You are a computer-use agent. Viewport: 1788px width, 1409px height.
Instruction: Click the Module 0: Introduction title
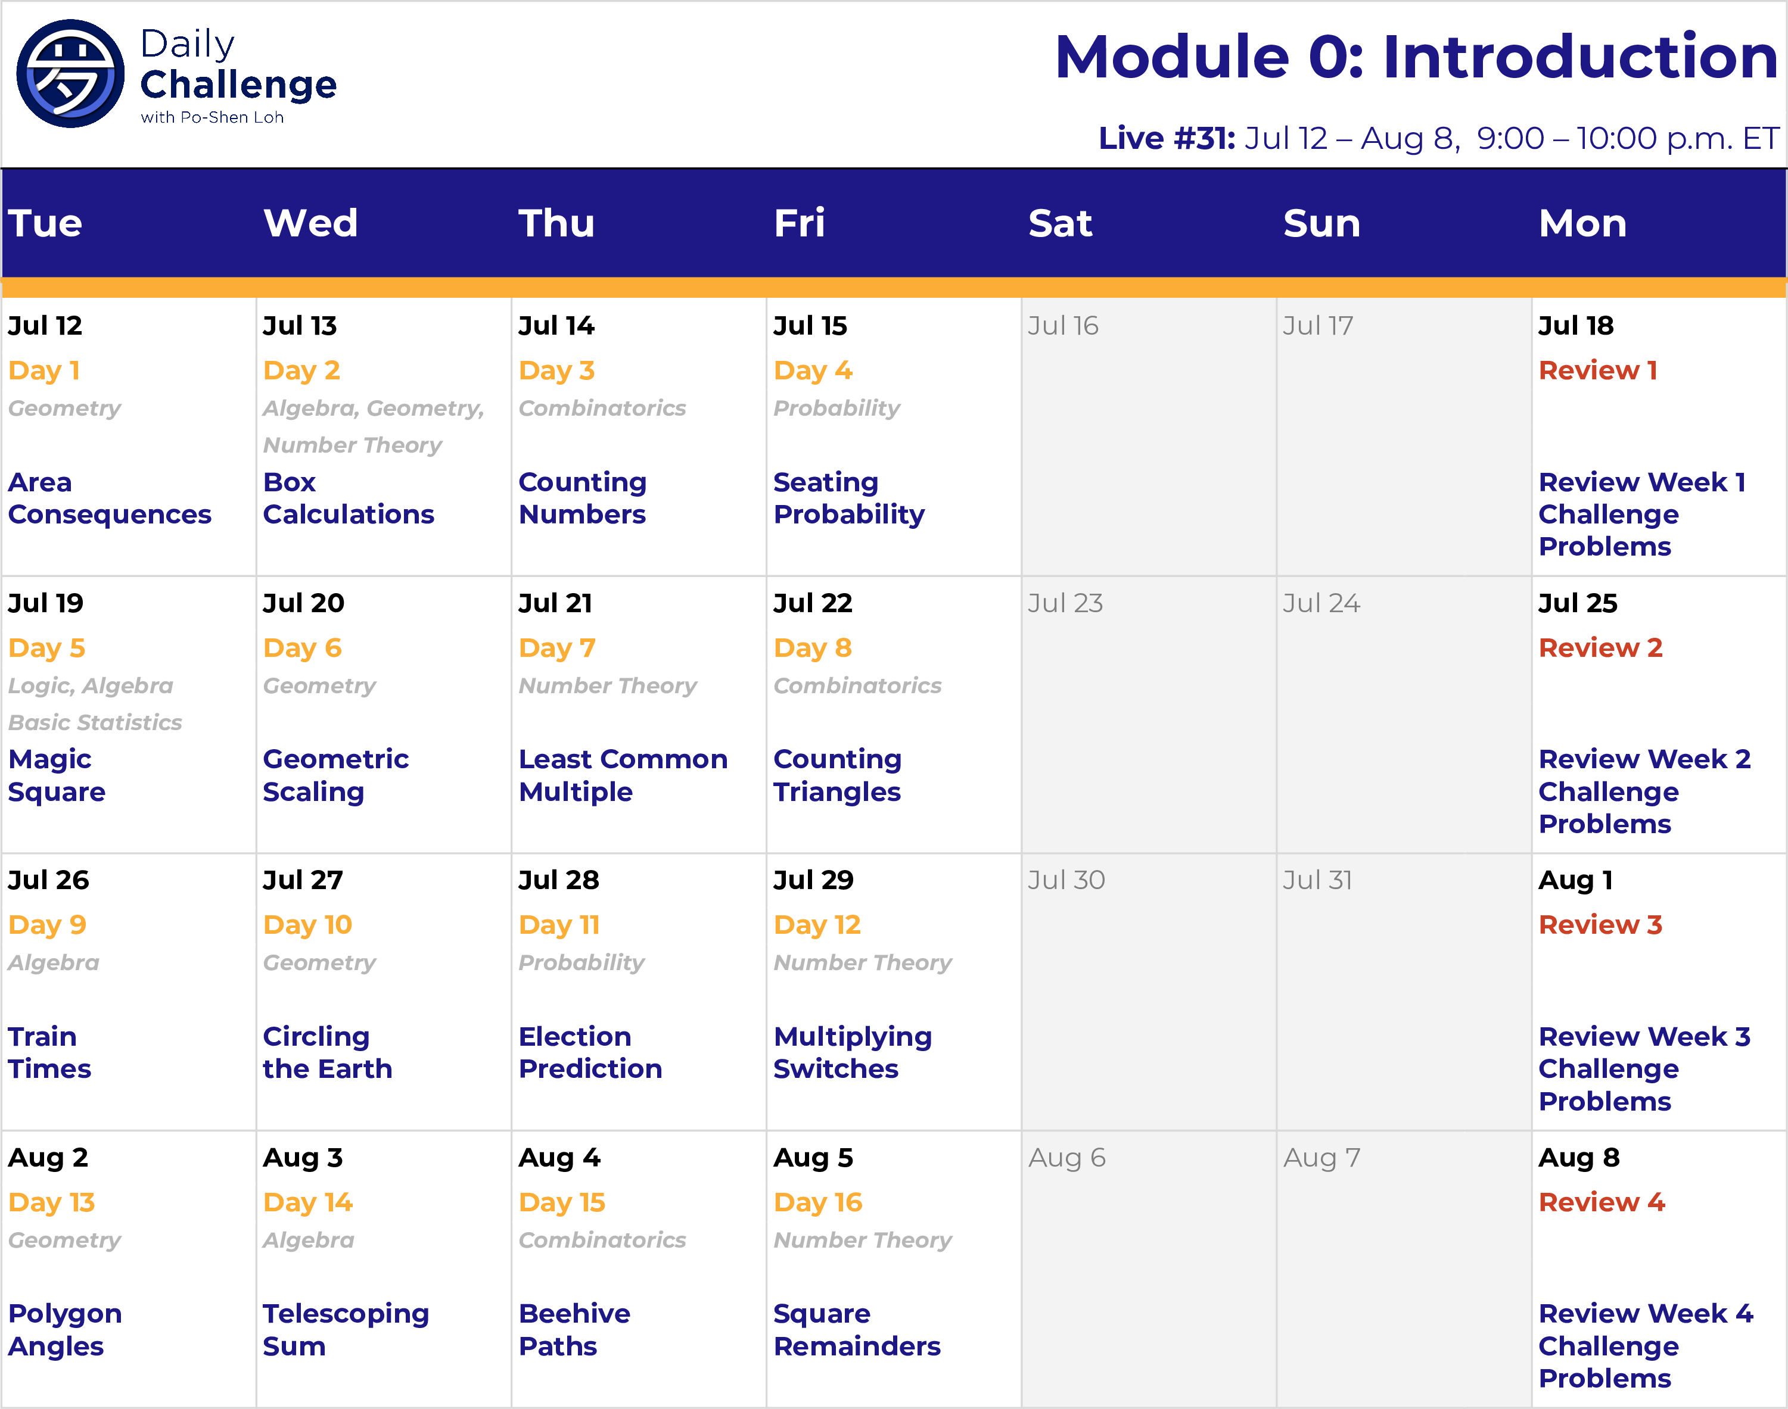click(x=1416, y=57)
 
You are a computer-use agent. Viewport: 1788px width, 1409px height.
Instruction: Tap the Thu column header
click(x=557, y=223)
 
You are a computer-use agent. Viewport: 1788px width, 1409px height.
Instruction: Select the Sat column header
click(x=1061, y=223)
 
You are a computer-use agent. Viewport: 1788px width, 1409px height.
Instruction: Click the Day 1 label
click(x=43, y=370)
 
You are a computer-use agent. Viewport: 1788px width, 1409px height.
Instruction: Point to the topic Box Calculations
click(x=348, y=498)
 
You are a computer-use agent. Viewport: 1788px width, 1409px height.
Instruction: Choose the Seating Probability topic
click(x=849, y=498)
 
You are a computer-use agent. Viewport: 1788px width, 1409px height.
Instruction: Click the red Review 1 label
click(x=1597, y=370)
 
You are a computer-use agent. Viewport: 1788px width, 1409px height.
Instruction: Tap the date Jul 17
click(x=1318, y=326)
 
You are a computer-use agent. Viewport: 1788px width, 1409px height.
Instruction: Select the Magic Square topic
click(x=57, y=775)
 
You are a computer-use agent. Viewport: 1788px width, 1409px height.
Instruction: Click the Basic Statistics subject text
click(x=95, y=722)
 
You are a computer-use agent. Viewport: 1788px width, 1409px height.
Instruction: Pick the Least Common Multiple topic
click(x=623, y=775)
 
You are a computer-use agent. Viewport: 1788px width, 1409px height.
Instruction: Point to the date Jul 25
click(x=1578, y=603)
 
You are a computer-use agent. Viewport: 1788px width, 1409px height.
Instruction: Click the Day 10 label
click(x=308, y=925)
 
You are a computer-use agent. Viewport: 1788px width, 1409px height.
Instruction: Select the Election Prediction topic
click(x=590, y=1053)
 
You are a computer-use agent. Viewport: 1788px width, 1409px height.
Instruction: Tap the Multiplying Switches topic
click(x=853, y=1053)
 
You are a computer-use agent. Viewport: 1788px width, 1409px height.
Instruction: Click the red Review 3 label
click(x=1600, y=925)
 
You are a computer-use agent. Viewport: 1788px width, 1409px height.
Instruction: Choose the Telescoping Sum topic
click(x=346, y=1330)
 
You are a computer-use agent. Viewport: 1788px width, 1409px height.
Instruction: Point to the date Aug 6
click(x=1067, y=1158)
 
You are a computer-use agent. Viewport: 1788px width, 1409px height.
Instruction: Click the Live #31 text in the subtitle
click(x=1167, y=138)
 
